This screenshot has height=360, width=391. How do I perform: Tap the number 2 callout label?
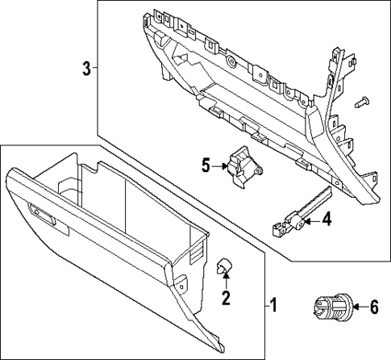pos(226,299)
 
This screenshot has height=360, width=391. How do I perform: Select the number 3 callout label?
pos(86,69)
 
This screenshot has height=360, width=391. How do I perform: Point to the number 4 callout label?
pos(326,218)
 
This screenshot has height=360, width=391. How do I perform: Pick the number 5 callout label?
pos(206,166)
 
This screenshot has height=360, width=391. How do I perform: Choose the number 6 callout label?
pos(373,307)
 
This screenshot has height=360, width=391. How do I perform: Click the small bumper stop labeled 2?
pos(226,266)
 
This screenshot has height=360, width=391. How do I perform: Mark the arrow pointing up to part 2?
pos(226,283)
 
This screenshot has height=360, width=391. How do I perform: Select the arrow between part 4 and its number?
pos(312,218)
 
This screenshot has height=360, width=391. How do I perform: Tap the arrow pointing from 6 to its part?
pos(356,307)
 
